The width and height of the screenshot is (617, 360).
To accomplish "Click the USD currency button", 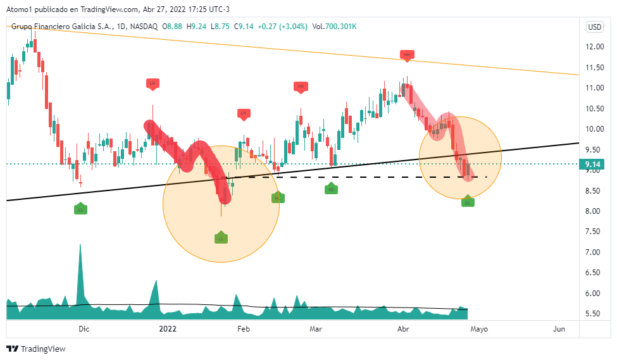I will coord(595,27).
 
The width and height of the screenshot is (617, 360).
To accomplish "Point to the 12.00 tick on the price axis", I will coord(593,47).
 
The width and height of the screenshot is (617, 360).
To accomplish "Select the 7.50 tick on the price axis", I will coord(593,252).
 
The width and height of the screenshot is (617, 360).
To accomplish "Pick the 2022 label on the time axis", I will coord(168,329).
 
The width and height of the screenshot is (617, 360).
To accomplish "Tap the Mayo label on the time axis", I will coord(479,329).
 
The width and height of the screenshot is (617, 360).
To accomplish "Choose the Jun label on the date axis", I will coord(559,329).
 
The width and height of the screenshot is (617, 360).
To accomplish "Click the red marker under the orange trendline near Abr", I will coord(407,56).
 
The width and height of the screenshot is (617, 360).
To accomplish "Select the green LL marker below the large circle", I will coord(221,239).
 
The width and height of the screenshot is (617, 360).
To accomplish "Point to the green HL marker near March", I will coord(332,189).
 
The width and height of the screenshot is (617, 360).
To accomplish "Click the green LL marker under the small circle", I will coord(468,202).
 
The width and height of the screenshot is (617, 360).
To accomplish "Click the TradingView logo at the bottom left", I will coord(36,349).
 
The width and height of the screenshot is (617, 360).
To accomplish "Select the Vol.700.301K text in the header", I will coord(335,27).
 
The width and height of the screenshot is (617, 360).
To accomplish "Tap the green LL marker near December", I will coord(80,209).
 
